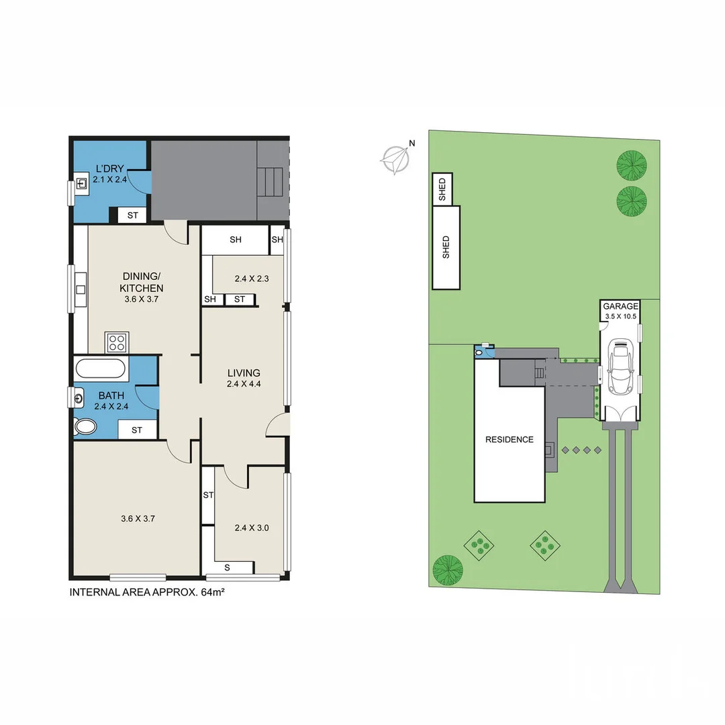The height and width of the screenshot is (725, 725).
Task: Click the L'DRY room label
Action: (109, 168)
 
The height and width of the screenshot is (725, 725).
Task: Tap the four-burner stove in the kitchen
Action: (117, 342)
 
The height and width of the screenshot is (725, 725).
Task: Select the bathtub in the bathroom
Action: (101, 369)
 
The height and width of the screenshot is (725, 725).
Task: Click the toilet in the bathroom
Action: (86, 426)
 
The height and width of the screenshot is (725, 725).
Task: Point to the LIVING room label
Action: (243, 373)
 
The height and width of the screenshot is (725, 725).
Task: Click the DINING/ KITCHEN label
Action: (142, 282)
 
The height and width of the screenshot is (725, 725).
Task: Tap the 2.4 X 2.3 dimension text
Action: (252, 279)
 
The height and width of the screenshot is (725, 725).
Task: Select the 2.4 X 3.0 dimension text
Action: (252, 528)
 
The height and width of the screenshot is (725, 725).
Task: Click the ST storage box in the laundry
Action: (132, 215)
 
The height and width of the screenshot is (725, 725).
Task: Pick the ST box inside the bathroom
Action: (137, 430)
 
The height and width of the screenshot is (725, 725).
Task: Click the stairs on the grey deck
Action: (271, 181)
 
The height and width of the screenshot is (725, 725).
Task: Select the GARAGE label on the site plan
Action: (620, 306)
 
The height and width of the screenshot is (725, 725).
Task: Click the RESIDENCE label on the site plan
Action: (510, 440)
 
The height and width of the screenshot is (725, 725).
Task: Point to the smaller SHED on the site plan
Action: (442, 189)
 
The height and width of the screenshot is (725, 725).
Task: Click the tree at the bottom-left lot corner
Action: (448, 569)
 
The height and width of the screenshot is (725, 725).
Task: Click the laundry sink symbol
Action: (82, 183)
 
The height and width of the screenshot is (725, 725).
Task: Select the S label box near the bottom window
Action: (227, 567)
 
